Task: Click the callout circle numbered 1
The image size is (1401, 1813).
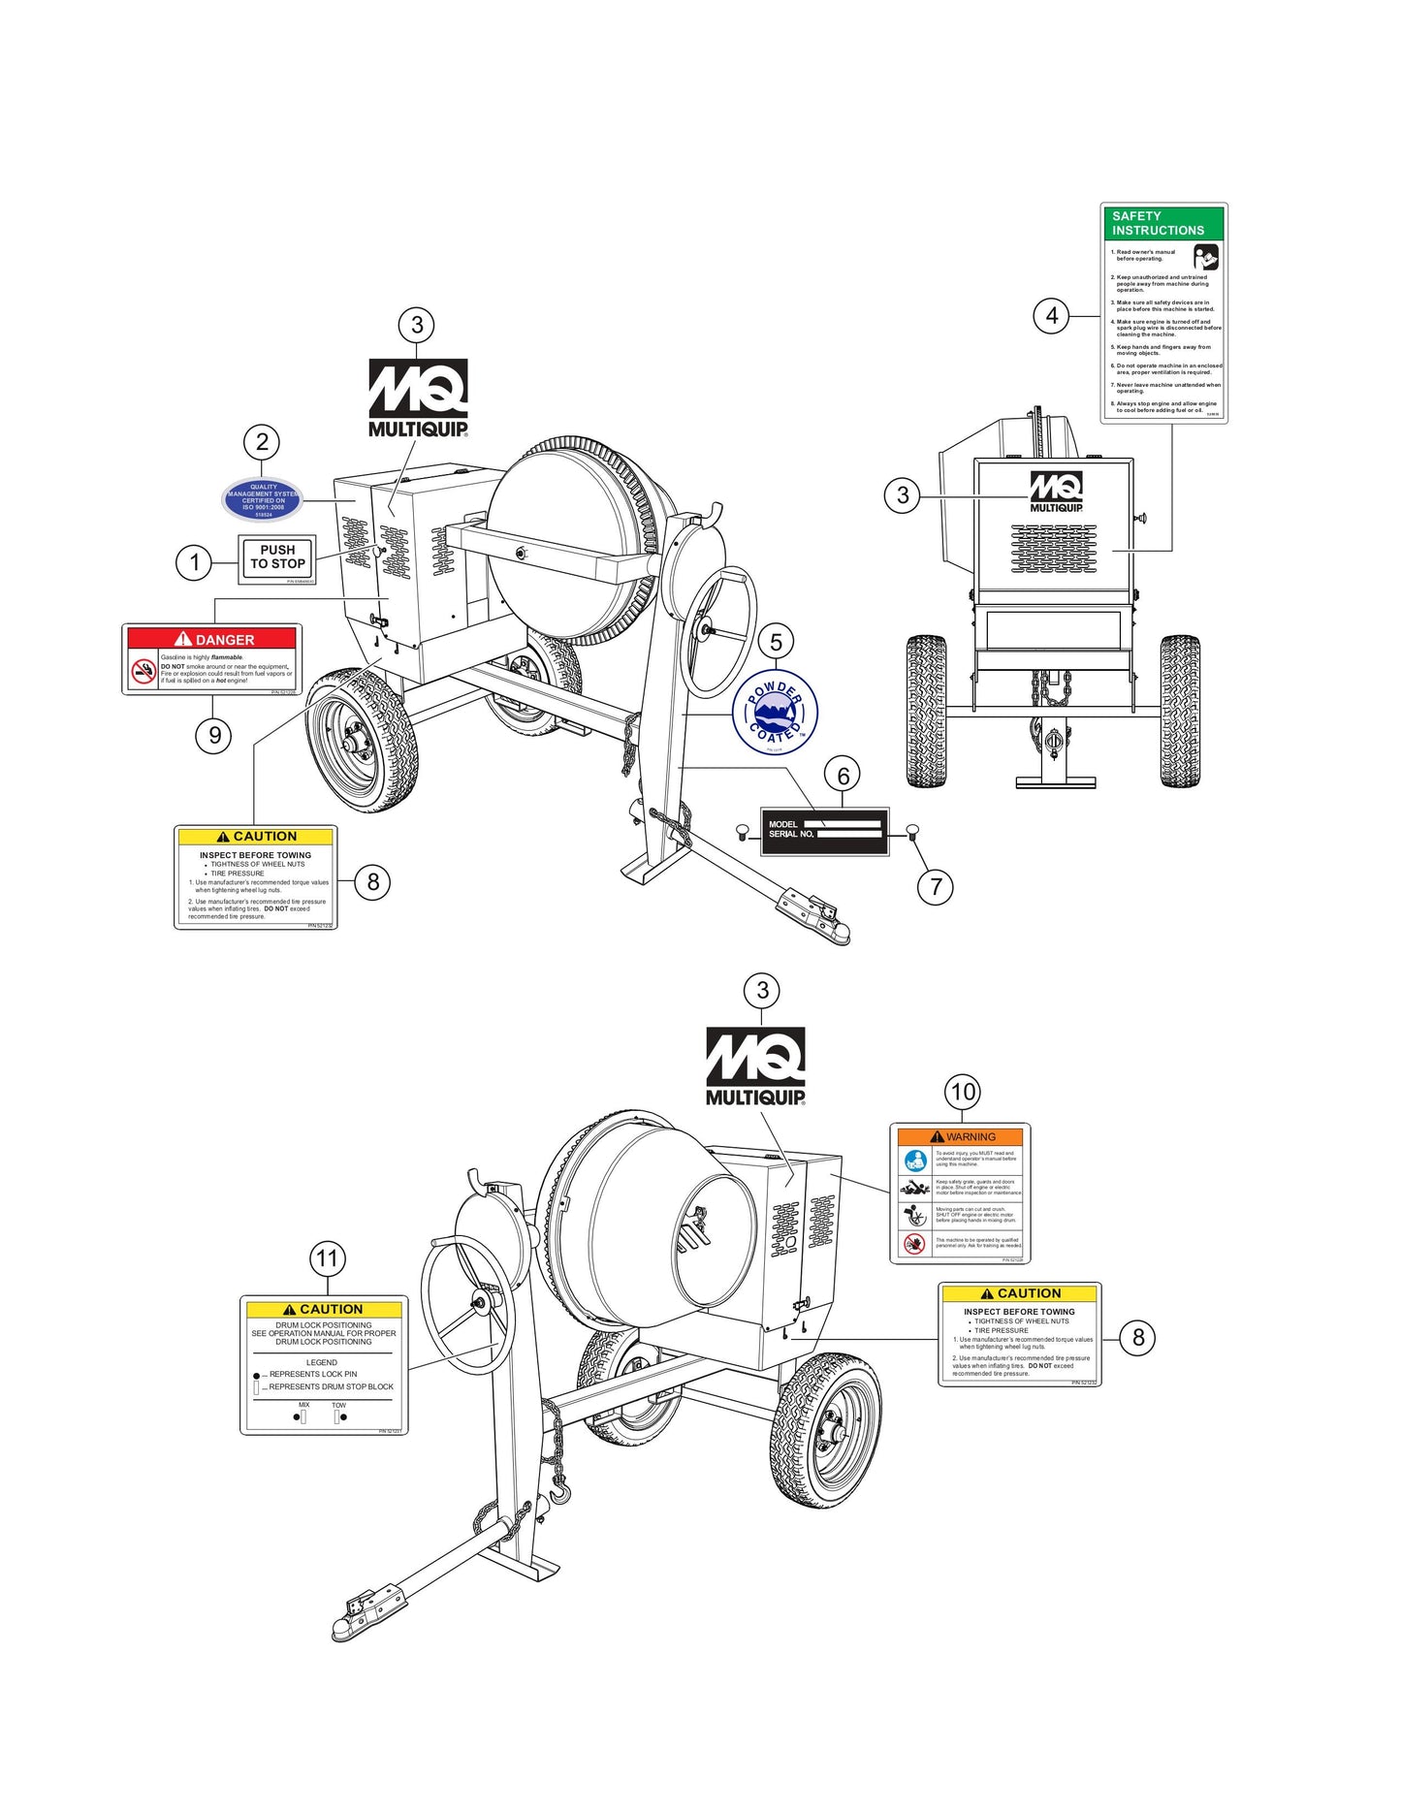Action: coord(194,562)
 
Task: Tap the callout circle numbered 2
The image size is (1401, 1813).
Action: coord(262,443)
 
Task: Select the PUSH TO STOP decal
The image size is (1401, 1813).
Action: coord(277,558)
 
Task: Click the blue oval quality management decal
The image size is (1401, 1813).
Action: coord(263,500)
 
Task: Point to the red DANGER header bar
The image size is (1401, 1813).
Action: coord(212,639)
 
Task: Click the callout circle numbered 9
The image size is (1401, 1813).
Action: coord(214,735)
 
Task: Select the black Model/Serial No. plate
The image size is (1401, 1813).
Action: coord(824,831)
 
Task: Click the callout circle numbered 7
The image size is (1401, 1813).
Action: coord(936,886)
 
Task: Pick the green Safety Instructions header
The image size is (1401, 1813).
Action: coord(1163,224)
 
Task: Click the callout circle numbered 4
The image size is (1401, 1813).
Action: coord(1052,316)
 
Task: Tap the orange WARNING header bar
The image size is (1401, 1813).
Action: coord(960,1136)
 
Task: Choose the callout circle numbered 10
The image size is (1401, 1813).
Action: coord(963,1093)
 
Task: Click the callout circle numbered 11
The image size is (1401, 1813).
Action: coord(328,1259)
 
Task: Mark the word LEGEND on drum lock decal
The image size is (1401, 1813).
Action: coord(322,1362)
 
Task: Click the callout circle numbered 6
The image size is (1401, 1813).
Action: coord(843,776)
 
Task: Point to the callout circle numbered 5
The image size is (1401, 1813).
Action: coord(776,642)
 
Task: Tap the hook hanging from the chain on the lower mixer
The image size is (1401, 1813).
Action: coord(560,1496)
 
